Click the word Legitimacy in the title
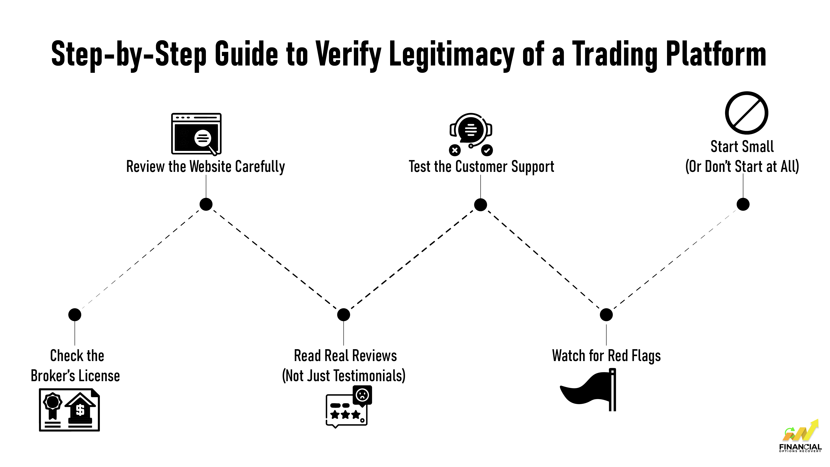click(x=451, y=55)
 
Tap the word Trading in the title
click(x=614, y=55)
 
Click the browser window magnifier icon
click(x=196, y=134)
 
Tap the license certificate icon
click(x=69, y=410)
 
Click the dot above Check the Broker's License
click(x=75, y=315)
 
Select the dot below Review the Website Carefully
click(x=206, y=204)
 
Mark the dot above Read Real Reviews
click(x=343, y=315)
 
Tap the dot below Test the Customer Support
click(x=480, y=205)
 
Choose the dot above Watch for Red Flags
click(x=606, y=315)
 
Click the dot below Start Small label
click(x=743, y=204)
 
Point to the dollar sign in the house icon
click(x=80, y=410)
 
